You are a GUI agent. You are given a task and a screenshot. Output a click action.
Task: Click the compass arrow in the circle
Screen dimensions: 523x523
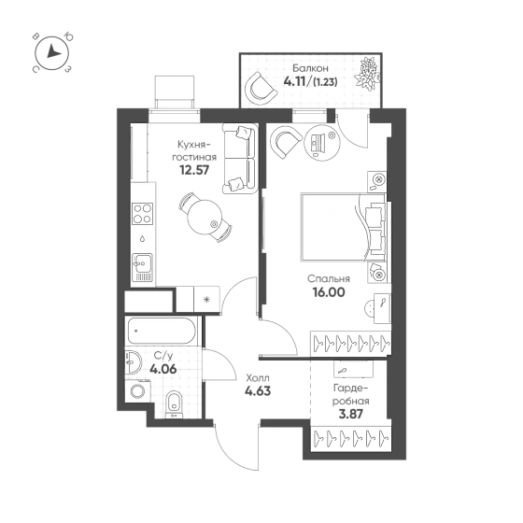tap(52, 51)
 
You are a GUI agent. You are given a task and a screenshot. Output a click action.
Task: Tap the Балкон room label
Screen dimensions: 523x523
tap(310, 68)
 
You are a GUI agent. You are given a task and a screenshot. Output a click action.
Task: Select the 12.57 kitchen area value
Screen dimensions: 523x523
tap(194, 170)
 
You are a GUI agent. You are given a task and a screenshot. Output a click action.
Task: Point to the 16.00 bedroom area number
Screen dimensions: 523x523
tap(329, 292)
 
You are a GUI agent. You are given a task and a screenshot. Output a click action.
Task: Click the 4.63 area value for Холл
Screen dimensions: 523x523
tap(258, 390)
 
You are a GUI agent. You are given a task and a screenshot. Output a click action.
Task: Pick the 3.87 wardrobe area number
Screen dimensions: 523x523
tap(350, 414)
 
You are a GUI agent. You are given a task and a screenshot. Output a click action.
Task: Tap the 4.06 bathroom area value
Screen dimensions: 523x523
tap(163, 369)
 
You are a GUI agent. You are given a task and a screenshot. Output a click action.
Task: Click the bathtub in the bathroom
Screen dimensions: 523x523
tap(162, 331)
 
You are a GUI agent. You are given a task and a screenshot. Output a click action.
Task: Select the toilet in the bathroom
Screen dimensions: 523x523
tap(174, 403)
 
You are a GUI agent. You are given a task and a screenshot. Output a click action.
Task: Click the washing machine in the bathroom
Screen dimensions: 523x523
tap(137, 391)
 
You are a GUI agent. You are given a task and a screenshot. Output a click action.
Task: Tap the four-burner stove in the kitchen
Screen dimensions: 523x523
tap(142, 214)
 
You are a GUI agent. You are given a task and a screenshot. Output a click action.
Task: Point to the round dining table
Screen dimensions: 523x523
tap(205, 217)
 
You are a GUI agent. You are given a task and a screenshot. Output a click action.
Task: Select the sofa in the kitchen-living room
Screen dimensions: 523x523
tap(240, 159)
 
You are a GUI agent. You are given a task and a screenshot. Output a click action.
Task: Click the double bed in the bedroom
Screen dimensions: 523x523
tap(344, 227)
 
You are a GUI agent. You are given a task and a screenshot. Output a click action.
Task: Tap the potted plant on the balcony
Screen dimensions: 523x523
tap(367, 74)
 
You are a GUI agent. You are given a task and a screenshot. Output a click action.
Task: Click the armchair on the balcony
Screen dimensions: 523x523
tap(261, 89)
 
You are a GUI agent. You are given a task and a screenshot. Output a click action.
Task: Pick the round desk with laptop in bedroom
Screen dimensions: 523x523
tap(322, 144)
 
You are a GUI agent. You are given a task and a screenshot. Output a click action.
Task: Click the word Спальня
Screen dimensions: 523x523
tap(329, 278)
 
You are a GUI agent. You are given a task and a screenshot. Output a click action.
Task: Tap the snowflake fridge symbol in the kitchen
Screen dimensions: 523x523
tap(207, 299)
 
